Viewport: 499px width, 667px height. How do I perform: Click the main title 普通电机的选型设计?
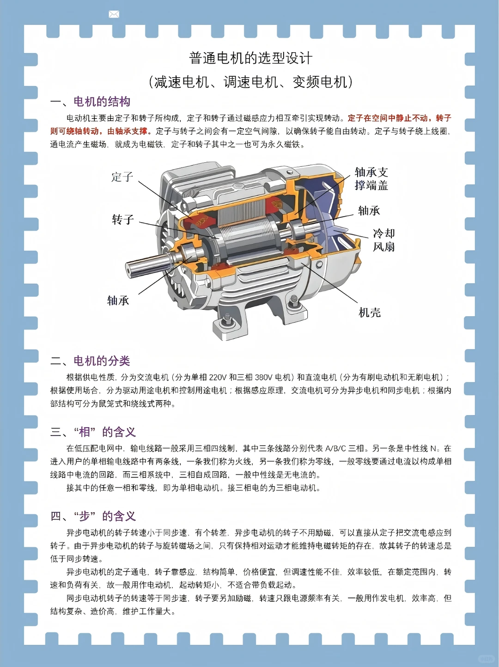(250, 58)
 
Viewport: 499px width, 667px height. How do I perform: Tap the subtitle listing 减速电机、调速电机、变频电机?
(250, 82)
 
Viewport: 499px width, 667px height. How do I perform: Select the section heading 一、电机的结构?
(91, 102)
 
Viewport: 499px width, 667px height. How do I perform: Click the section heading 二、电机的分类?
(91, 361)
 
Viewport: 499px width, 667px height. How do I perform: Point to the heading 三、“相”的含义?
(93, 432)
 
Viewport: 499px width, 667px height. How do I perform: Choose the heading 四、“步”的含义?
(93, 516)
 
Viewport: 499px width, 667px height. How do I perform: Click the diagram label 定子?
(122, 177)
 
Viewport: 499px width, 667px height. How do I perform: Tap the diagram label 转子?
(123, 220)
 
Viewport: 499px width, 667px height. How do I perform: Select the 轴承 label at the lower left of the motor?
(118, 301)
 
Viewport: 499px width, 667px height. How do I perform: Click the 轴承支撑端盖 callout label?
(371, 179)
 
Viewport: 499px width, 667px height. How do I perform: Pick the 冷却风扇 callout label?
(383, 240)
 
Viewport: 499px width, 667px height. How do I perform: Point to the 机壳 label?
(370, 313)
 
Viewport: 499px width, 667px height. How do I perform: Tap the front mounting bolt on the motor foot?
(227, 320)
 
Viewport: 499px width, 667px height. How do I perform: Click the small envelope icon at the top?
(114, 14)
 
